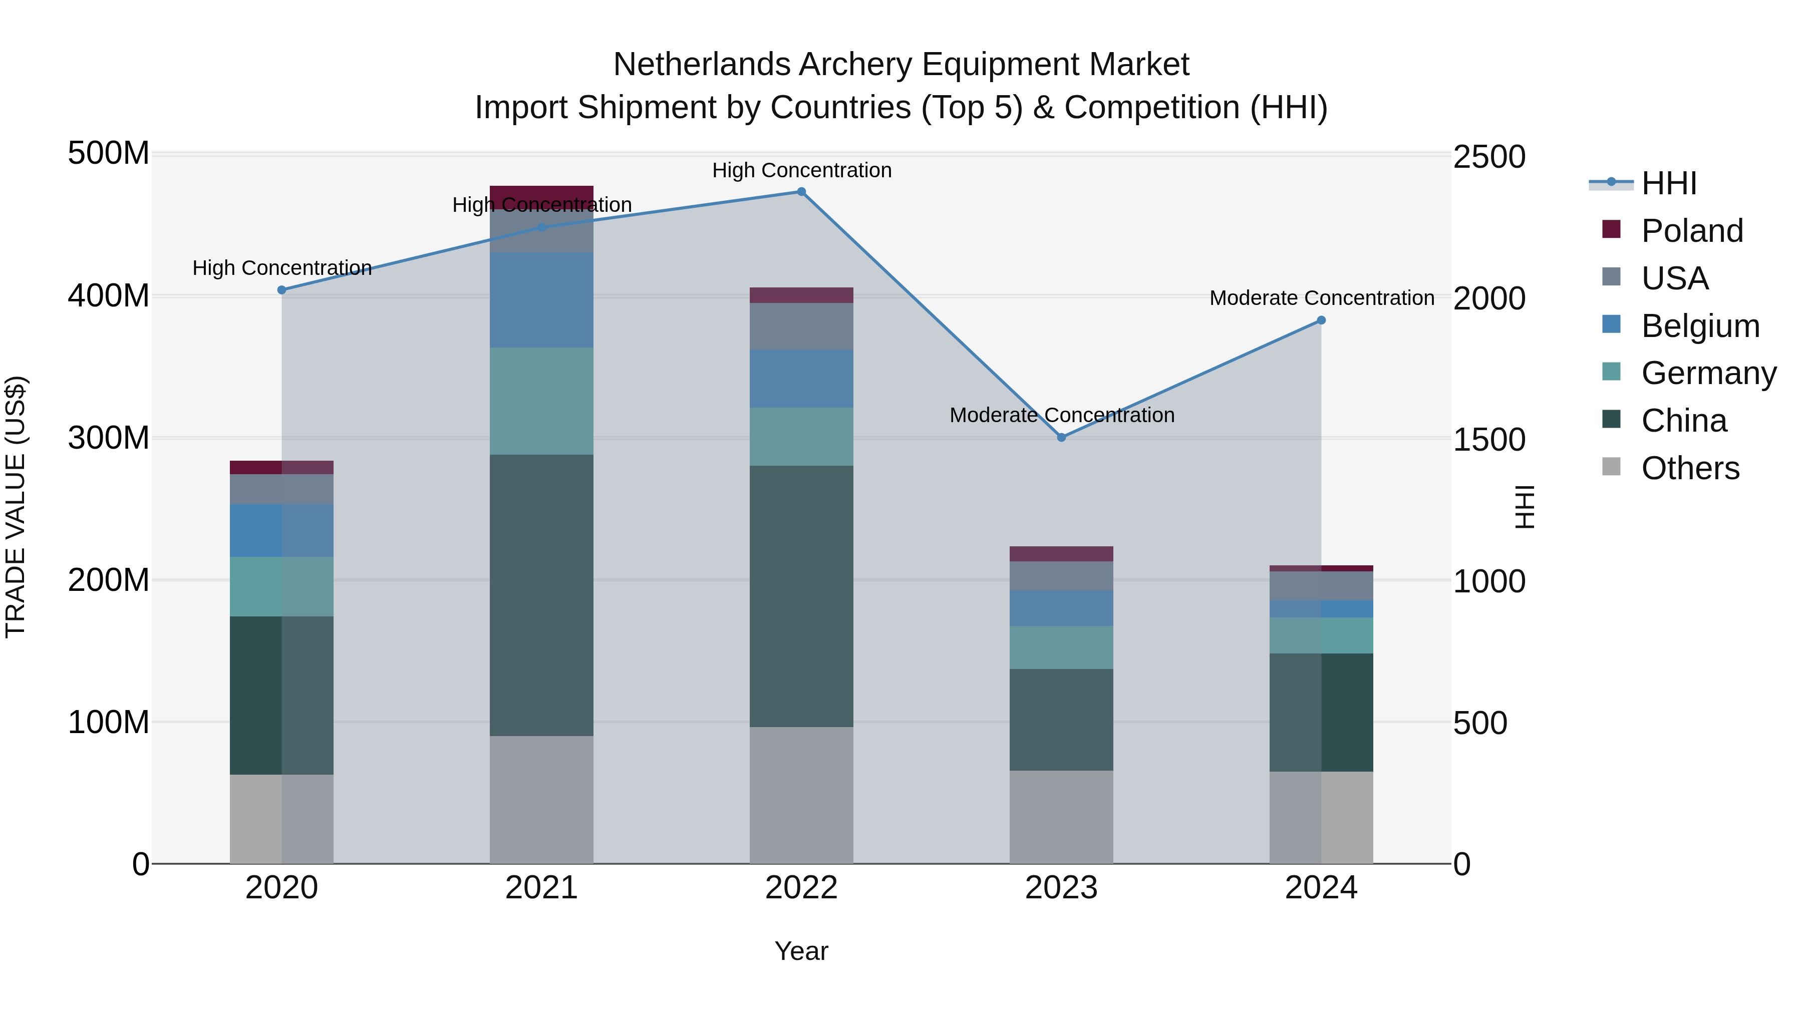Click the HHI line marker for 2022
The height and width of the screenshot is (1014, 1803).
(801, 192)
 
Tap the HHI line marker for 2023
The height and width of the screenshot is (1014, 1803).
(1061, 437)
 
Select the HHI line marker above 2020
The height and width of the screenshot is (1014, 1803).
(282, 290)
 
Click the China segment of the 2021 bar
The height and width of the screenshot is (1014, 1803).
(541, 595)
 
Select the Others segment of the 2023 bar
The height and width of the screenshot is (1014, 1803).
(1061, 817)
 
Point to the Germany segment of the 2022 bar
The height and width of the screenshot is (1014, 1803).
(801, 437)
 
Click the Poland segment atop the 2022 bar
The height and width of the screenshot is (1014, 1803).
(801, 294)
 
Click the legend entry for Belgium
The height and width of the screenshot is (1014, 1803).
(1699, 326)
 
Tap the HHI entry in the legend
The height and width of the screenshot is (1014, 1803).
(1669, 183)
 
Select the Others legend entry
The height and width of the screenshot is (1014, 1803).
(1690, 468)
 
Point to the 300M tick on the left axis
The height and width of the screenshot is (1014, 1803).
(109, 438)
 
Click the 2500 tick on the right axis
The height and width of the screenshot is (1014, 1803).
(1489, 157)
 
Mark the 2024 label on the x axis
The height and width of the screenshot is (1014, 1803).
(1321, 888)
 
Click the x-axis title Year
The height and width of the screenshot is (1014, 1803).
(801, 951)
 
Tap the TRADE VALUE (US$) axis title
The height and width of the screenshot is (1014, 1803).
(16, 507)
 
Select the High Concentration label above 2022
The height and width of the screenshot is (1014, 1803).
(801, 170)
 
